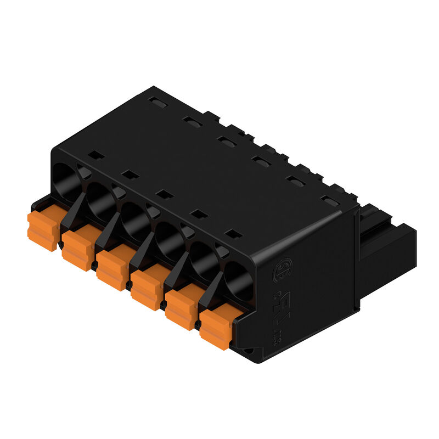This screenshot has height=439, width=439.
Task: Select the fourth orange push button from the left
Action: click(x=146, y=288)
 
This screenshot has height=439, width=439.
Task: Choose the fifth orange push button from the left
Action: click(x=181, y=308)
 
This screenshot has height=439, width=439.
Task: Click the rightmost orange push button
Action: click(x=215, y=328)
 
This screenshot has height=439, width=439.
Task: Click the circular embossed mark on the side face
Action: click(x=283, y=269)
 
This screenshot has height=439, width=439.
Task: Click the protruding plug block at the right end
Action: click(x=386, y=241)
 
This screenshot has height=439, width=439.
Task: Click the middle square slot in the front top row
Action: click(x=164, y=194)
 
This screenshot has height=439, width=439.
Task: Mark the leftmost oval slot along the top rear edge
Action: click(x=157, y=102)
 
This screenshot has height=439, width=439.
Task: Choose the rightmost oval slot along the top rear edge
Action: click(x=330, y=201)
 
